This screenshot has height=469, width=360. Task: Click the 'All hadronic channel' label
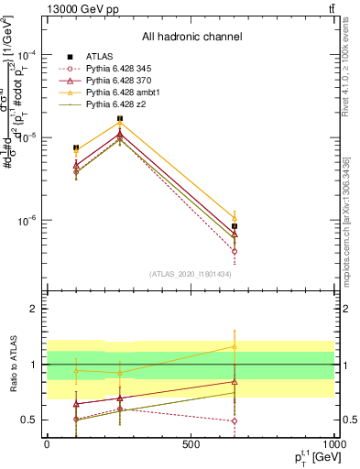point(191,37)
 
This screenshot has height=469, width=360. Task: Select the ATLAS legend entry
point(101,56)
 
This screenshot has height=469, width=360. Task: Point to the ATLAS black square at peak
point(120,119)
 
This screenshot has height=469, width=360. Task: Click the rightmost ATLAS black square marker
point(235,226)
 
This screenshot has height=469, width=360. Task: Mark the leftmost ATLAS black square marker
point(76,147)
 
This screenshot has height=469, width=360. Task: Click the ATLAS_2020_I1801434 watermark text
point(191,274)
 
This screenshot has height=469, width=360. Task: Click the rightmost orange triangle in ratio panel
point(235,347)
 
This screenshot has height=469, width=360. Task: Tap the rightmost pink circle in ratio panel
point(235,421)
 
